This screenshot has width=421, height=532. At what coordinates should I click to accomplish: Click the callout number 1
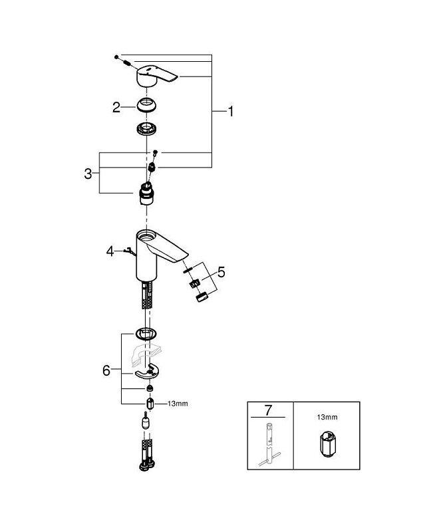[230, 112]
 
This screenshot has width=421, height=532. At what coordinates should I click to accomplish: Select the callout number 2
[116, 106]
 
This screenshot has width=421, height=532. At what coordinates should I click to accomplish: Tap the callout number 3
[88, 174]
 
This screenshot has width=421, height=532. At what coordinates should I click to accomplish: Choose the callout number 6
[106, 370]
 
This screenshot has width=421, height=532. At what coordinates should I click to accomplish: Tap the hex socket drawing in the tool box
[326, 446]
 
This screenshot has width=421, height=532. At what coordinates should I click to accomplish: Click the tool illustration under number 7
[269, 444]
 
